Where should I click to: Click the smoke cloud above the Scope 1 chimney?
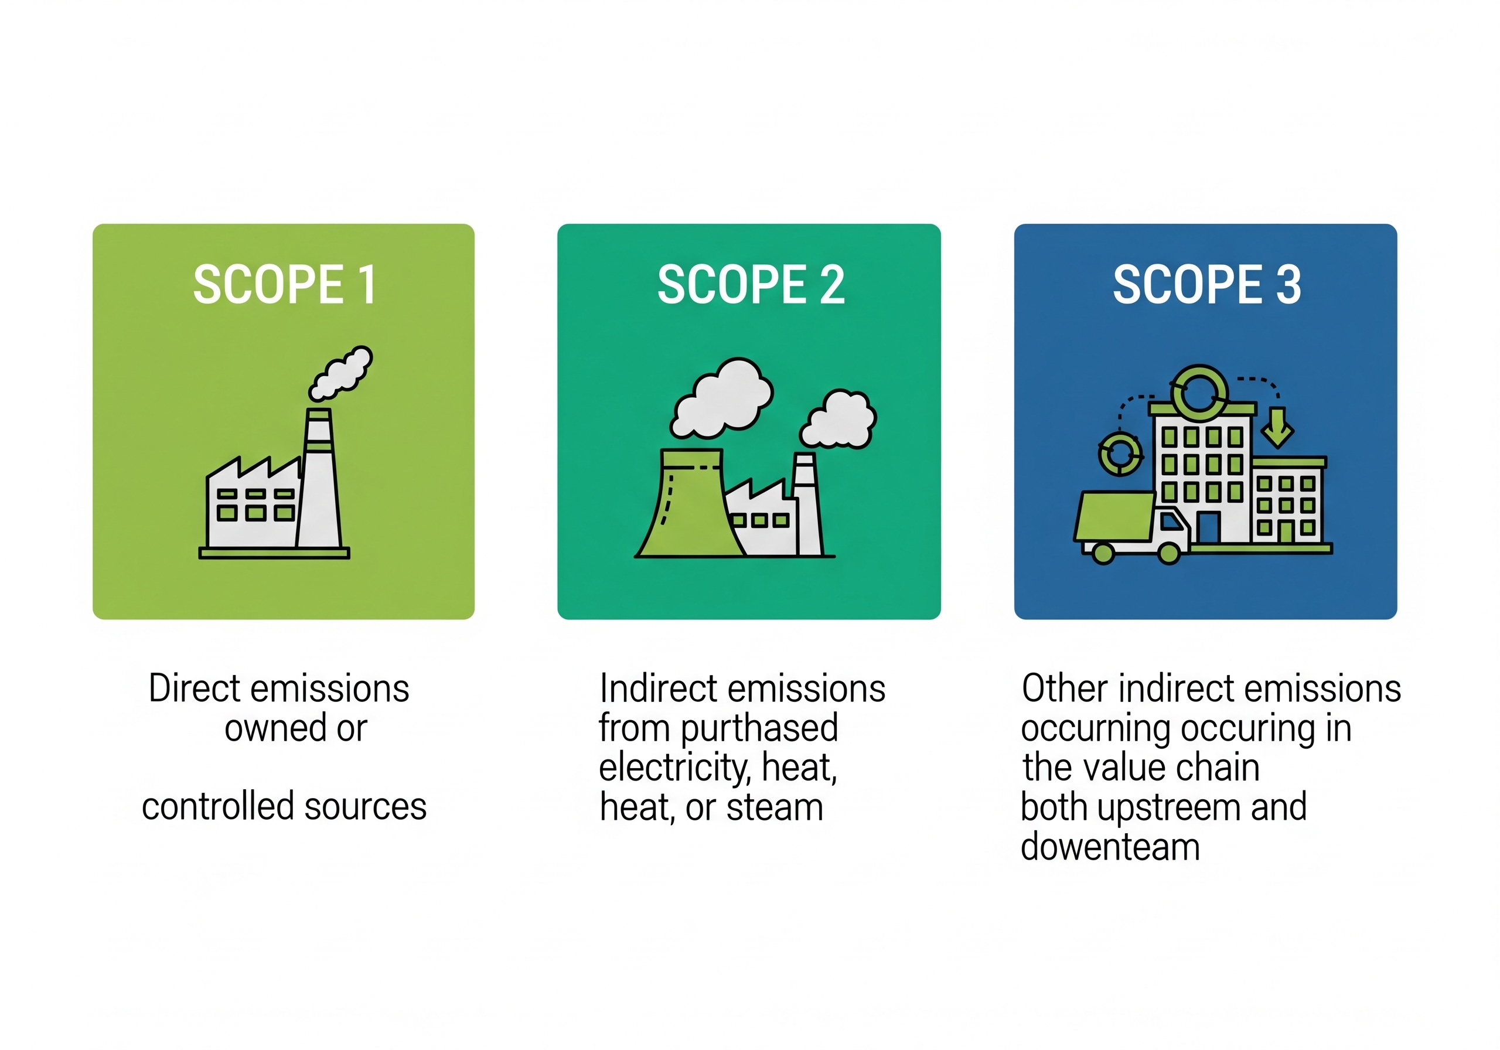[x=340, y=373]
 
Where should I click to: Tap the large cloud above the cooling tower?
[x=721, y=398]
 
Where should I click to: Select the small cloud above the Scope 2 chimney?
[x=838, y=420]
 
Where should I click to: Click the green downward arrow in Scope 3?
[x=1277, y=427]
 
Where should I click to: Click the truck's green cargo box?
[x=1114, y=516]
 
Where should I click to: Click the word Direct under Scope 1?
[x=195, y=688]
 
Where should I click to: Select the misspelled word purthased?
[x=759, y=729]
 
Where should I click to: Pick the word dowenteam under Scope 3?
[x=1110, y=847]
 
